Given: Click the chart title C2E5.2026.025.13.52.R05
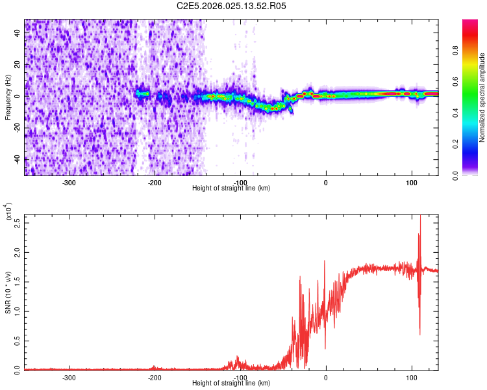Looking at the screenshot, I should (x=232, y=6).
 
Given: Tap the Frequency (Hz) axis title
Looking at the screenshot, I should (x=8, y=97).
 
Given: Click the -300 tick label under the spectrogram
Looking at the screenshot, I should (x=69, y=182).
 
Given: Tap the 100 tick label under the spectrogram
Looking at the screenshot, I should (x=411, y=182).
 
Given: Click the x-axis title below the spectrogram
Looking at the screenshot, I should (x=231, y=188).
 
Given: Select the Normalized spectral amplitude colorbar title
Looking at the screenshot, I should (x=482, y=97).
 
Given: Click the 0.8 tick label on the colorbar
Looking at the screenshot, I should (x=473, y=66).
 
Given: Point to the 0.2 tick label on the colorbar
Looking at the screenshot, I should (x=473, y=144).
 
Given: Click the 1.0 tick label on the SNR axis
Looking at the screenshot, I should (x=18, y=311).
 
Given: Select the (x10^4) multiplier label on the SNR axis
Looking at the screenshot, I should (x=9, y=212).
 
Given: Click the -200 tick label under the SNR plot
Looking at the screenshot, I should (x=155, y=377).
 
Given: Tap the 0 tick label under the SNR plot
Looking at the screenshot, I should (x=326, y=377).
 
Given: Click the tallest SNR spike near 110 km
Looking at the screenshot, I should (x=420, y=217).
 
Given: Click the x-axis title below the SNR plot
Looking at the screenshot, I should (x=231, y=383).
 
